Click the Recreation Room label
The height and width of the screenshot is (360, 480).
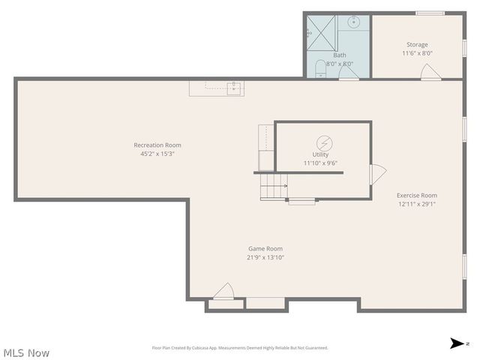point(157,145)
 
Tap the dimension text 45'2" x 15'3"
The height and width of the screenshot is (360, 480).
point(157,154)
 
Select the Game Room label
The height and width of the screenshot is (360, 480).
point(265,248)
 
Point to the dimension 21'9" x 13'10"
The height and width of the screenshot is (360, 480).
point(265,257)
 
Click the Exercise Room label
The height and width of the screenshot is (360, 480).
point(417,195)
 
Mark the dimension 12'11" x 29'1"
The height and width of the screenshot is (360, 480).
point(417,204)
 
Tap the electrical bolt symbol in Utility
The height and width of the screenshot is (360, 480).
point(324,142)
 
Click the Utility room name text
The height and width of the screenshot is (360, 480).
point(321,154)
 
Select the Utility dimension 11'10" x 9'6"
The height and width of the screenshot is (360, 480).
point(321,163)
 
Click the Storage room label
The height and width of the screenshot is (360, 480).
point(418,44)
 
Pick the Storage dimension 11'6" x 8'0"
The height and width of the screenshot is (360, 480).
point(418,53)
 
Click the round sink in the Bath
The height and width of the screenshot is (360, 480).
point(354,22)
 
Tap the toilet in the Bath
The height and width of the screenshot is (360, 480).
point(320,69)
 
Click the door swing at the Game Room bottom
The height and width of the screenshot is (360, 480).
point(223,291)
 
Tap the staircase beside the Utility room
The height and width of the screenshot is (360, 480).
point(274,185)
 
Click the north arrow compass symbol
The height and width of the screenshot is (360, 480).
point(457,343)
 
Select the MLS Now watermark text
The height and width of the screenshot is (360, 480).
point(27,352)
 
